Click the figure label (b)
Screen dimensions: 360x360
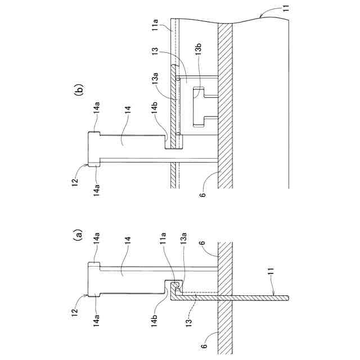[78, 89]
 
